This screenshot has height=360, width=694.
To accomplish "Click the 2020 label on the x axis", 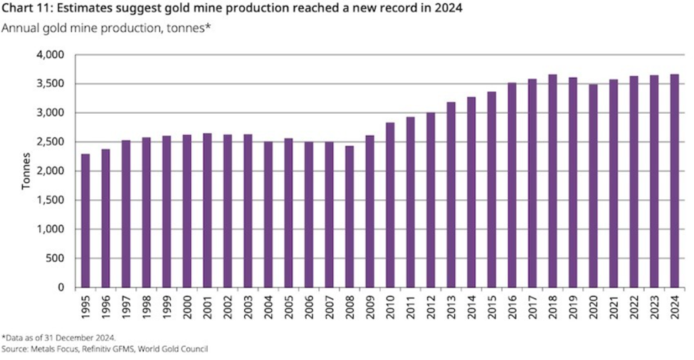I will [x=594, y=307].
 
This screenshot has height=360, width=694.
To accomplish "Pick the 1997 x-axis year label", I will [x=126, y=307].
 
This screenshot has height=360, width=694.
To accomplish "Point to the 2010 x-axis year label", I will [x=391, y=307].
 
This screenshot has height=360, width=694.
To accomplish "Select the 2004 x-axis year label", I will [x=268, y=307].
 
